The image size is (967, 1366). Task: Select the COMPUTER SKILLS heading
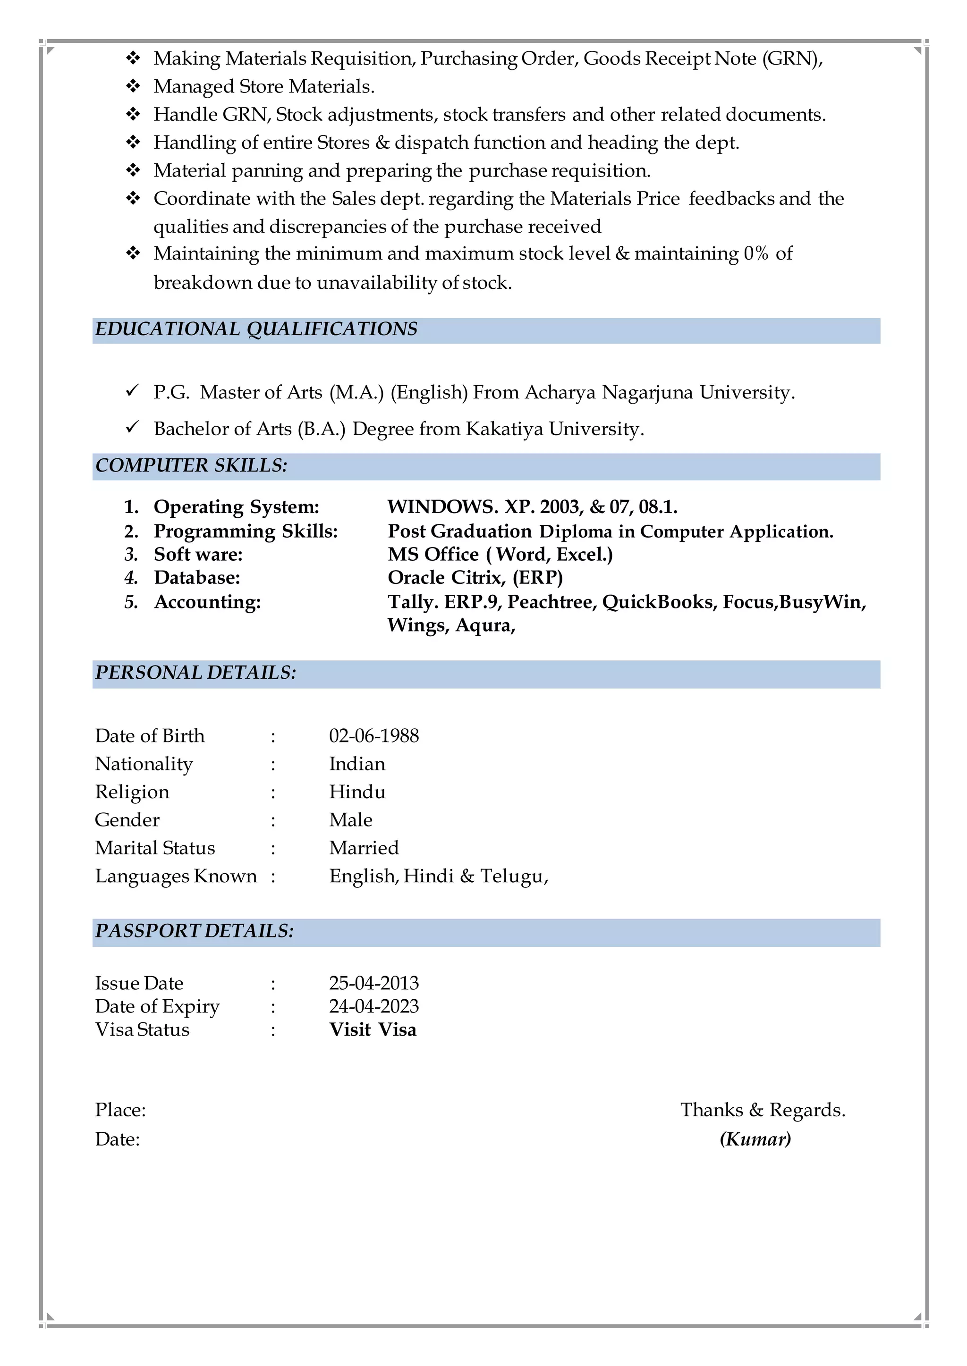coord(191,465)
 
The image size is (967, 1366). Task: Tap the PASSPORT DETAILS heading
coord(194,931)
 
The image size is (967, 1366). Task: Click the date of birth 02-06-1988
coord(373,736)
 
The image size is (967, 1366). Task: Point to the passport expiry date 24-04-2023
coord(373,1006)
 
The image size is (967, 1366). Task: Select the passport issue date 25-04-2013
coord(373,983)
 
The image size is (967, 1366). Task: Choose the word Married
coord(364,848)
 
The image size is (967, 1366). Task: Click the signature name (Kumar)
coord(755,1139)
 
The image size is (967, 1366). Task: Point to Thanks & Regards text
coord(763,1110)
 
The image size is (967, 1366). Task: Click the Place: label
coord(120,1110)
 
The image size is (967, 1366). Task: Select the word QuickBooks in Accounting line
coord(657,602)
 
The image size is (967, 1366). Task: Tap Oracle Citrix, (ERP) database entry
coord(475,577)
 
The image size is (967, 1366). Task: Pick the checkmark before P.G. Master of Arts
coord(132,390)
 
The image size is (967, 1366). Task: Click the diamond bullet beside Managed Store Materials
coord(133,86)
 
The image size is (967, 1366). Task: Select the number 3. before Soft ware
coord(131,555)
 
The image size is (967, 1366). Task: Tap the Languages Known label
coord(176,876)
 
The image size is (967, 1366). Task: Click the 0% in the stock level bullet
coord(755,253)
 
